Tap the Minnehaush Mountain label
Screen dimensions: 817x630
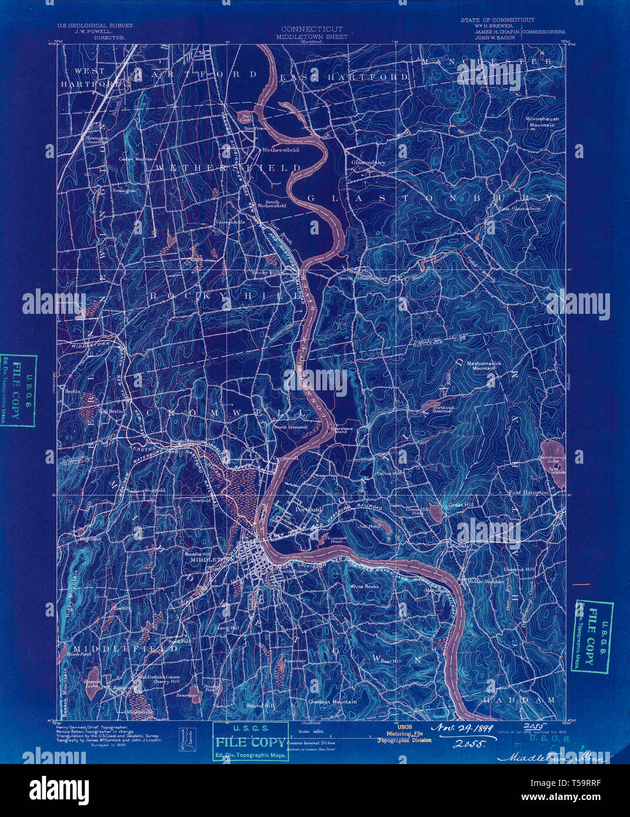click(x=542, y=121)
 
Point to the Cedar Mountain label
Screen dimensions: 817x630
click(x=137, y=159)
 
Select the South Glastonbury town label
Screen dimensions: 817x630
click(x=362, y=278)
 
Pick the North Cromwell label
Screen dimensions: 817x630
click(x=290, y=427)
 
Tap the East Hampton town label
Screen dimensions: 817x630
click(x=528, y=492)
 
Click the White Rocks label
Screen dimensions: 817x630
click(x=364, y=586)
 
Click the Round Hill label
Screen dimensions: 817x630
click(x=260, y=705)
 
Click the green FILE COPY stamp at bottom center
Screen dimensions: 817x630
click(x=251, y=742)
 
